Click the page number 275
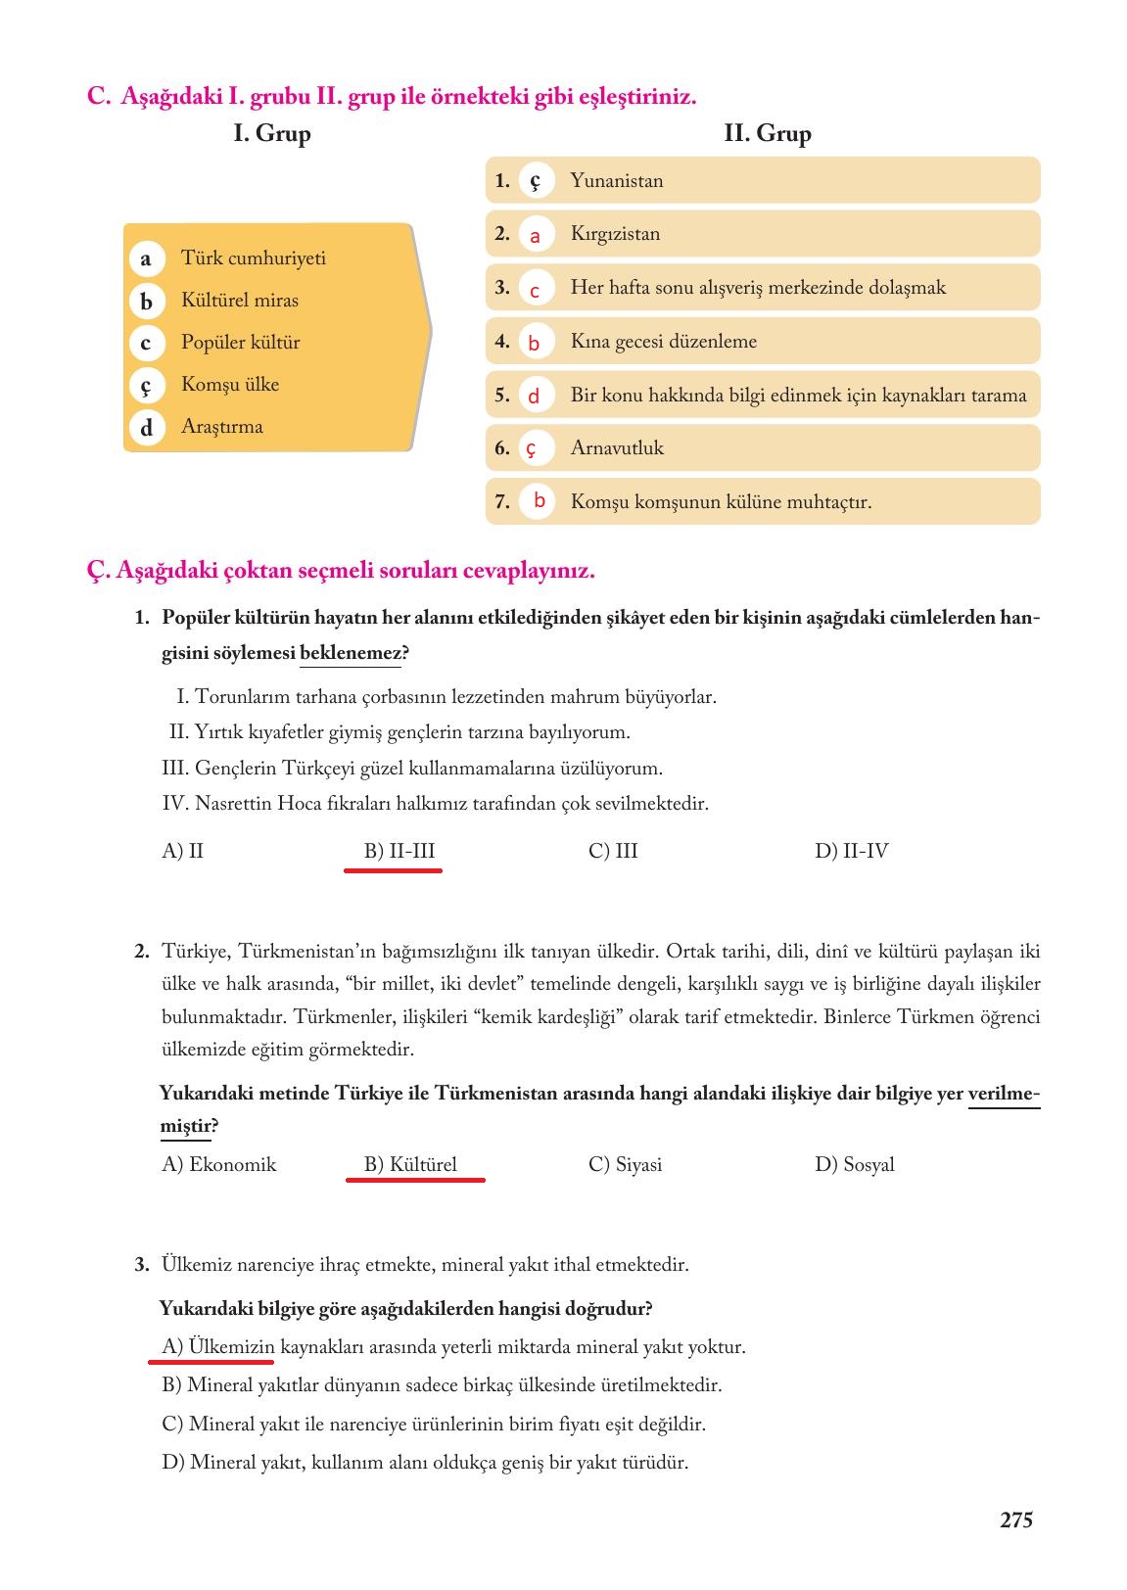click(x=1015, y=1520)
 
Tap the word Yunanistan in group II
click(x=616, y=181)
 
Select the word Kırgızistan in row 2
click(x=615, y=234)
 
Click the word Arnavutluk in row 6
click(x=616, y=448)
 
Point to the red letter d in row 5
click(x=534, y=397)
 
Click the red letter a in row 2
click(x=535, y=236)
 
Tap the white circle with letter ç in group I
click(x=146, y=386)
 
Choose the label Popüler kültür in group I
click(x=240, y=343)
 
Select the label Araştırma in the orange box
click(x=221, y=427)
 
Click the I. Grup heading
click(x=271, y=134)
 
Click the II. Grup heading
click(x=767, y=134)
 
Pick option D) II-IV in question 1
click(x=851, y=852)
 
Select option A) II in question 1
click(x=182, y=852)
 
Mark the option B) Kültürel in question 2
click(x=410, y=1165)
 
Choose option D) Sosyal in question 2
click(x=854, y=1165)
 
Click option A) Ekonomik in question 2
click(x=218, y=1165)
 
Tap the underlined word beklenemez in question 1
click(x=350, y=653)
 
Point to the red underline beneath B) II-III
click(x=393, y=869)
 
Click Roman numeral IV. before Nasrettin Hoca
click(x=174, y=804)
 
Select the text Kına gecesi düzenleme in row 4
click(x=663, y=342)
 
